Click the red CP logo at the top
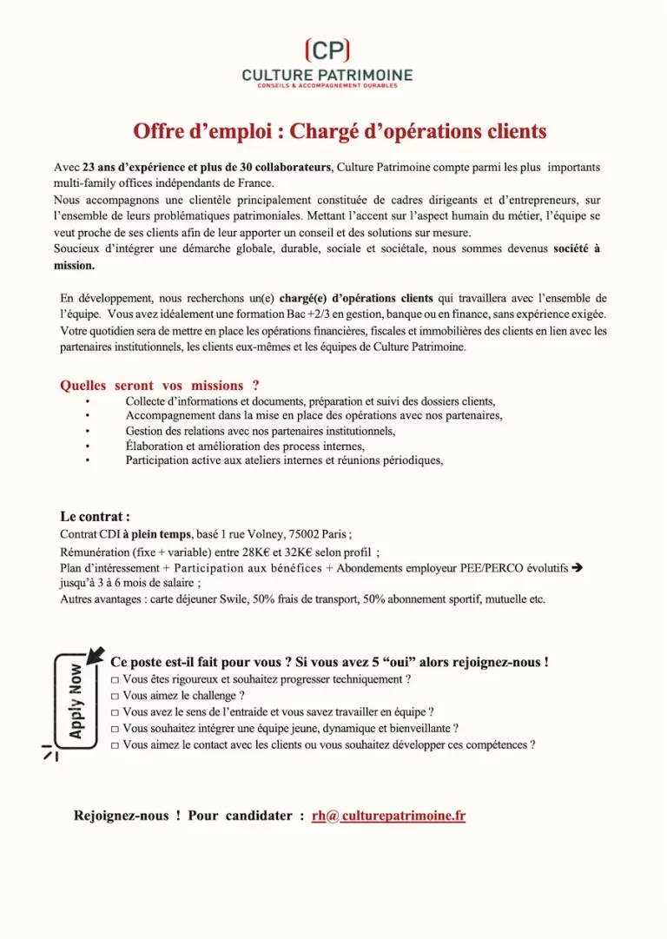(x=328, y=50)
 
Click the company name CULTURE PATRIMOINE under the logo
(x=327, y=76)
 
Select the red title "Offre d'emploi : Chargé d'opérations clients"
(x=340, y=131)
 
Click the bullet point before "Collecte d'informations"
(x=87, y=401)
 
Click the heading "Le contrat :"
(x=95, y=515)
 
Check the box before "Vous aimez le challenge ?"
(x=116, y=696)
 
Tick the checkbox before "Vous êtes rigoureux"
(x=116, y=679)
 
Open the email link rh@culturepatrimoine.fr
(x=388, y=816)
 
